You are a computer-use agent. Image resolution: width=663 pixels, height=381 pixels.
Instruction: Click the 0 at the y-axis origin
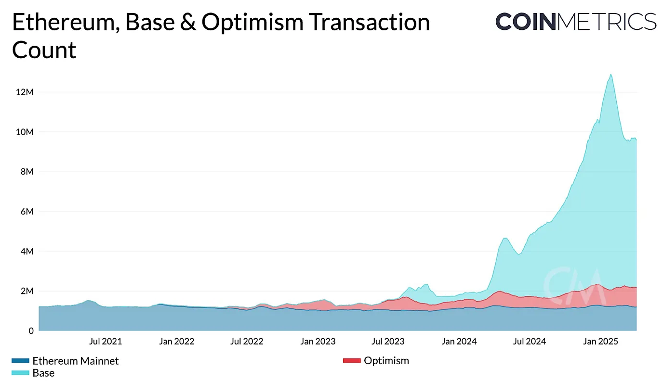[x=30, y=331]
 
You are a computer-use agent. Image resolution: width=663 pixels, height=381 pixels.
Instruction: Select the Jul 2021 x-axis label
[x=106, y=342]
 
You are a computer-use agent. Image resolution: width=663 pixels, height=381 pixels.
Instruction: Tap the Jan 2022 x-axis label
[x=176, y=342]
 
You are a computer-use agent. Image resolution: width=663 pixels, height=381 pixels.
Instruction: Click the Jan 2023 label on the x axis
[x=318, y=342]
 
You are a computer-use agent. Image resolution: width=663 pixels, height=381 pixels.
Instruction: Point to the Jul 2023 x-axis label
[x=388, y=342]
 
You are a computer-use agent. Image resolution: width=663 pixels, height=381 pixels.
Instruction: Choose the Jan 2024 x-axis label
[x=459, y=342]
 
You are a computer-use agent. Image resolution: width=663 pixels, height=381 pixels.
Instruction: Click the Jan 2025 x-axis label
[x=600, y=342]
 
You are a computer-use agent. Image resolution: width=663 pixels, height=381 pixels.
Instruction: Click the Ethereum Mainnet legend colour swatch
[x=20, y=361]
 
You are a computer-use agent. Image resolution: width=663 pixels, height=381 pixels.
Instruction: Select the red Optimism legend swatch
[x=351, y=361]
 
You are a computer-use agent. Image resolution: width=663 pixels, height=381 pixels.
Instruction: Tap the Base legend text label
[x=43, y=373]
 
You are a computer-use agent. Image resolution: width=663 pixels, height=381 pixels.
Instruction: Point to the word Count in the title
[x=44, y=50]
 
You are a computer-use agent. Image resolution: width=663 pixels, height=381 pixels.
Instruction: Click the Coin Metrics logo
[x=576, y=22]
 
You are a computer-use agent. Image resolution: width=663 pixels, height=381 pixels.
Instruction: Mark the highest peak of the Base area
[x=611, y=75]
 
